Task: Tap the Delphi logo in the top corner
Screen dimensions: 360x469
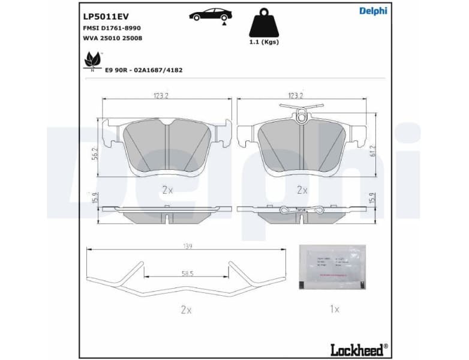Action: (x=373, y=11)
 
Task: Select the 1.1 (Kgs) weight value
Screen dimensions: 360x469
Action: (x=264, y=43)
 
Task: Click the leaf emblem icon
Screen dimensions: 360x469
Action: (x=92, y=60)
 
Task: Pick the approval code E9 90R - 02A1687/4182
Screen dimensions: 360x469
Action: (x=143, y=70)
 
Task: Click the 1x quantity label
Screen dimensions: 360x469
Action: (x=334, y=310)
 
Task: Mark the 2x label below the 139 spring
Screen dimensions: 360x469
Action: (x=186, y=310)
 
